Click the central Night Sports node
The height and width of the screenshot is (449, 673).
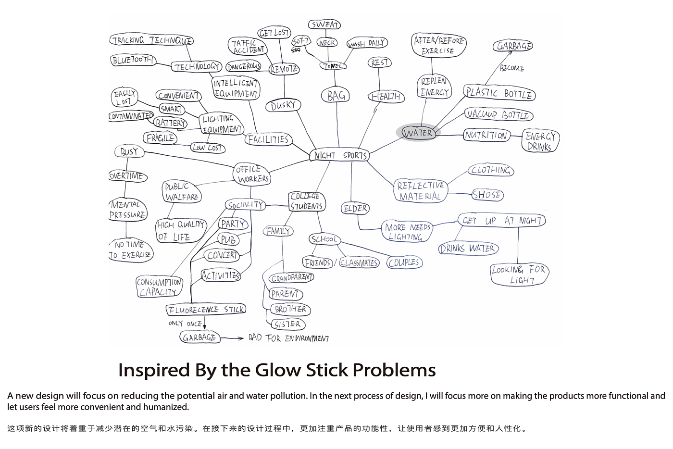[340, 155]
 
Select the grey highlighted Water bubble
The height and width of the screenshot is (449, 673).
[418, 133]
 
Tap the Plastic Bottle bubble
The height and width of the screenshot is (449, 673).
[499, 93]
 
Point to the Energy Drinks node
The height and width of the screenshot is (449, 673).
[540, 141]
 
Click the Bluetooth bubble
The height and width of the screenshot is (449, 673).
[133, 60]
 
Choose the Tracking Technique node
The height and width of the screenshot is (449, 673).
[152, 40]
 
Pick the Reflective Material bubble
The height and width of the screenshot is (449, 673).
[420, 191]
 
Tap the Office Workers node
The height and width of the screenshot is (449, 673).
[252, 174]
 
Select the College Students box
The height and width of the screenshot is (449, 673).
[306, 201]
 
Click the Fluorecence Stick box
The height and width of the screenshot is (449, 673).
[206, 310]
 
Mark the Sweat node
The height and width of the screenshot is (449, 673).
[324, 25]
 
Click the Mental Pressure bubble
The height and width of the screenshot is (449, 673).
[128, 210]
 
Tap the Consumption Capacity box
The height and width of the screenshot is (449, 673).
[159, 287]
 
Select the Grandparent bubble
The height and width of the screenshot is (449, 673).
[291, 278]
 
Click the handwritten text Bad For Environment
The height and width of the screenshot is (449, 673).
[288, 338]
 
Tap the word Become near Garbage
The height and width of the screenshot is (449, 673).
[511, 68]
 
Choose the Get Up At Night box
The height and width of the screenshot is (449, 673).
[501, 221]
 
